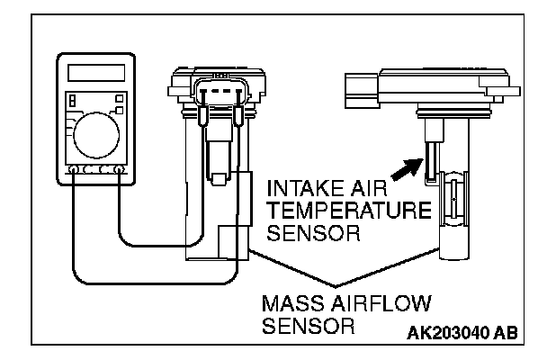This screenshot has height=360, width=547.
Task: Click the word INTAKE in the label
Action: (300, 191)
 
